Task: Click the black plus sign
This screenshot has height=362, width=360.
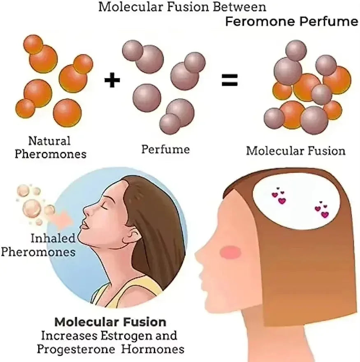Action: coord(112,80)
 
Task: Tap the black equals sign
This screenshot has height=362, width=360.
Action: coord(230,80)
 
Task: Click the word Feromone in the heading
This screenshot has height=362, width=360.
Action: coord(260,22)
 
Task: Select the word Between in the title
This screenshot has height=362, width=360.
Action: coord(239,7)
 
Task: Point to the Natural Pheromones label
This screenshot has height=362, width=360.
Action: coord(50,147)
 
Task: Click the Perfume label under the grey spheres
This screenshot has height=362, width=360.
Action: coord(165,149)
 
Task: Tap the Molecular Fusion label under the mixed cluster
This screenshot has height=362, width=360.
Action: coord(296,151)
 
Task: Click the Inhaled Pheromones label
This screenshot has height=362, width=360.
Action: coord(38,245)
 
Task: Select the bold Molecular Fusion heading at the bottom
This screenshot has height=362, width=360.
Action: coord(110,322)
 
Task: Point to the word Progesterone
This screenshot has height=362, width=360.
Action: coord(76,349)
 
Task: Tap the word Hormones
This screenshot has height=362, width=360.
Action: coord(153,349)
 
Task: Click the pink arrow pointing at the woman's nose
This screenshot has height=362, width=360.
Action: coord(66,219)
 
